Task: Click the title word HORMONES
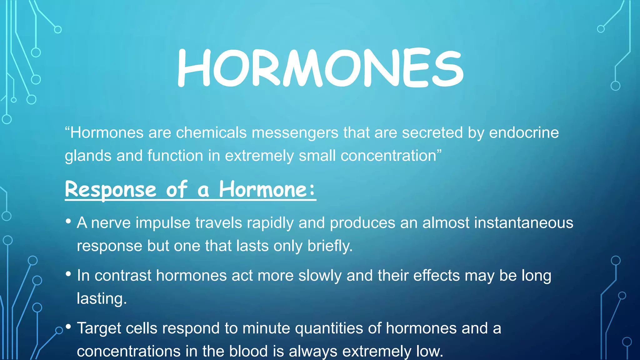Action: pos(320,68)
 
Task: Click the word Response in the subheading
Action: pos(110,189)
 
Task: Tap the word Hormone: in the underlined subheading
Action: pos(267,189)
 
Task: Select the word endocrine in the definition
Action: pos(524,132)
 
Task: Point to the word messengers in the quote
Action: pos(295,132)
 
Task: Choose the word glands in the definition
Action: pos(88,156)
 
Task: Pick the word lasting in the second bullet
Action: pos(102,298)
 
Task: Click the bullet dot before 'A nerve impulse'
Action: pos(68,222)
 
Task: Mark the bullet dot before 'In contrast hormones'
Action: pos(68,274)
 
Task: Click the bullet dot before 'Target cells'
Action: pos(68,327)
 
